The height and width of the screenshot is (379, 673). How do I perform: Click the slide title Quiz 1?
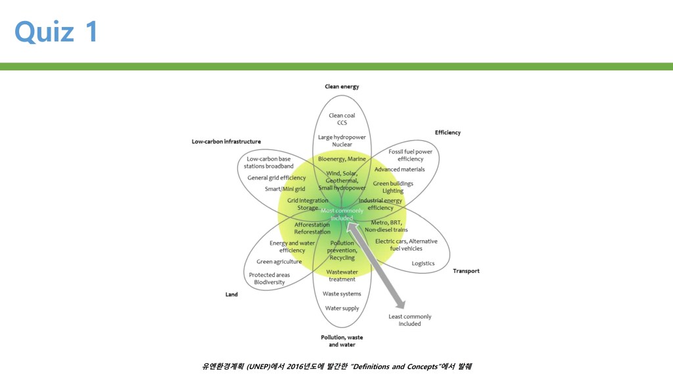coord(57,31)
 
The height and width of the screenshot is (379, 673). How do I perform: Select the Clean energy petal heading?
coord(342,86)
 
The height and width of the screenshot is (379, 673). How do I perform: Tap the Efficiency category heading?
coord(448,132)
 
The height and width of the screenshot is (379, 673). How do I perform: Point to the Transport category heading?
coord(466,270)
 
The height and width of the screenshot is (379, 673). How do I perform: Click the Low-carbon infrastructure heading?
coord(226,141)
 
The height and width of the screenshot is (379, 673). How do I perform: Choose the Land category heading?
coord(231,294)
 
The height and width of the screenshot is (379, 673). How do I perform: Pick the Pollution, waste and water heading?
coord(342,340)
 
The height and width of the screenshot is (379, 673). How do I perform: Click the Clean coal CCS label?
coord(342,119)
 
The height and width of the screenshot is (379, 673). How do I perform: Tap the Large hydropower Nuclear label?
coord(342,141)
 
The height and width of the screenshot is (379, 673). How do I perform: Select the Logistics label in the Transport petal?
coord(423,263)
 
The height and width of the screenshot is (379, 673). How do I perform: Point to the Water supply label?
coord(342,308)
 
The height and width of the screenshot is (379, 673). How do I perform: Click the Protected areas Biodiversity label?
coord(269,278)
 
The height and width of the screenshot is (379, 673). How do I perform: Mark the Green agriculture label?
coord(279,261)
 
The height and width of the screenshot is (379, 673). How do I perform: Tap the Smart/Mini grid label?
coord(285,189)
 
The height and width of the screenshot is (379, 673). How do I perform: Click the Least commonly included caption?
coord(409,320)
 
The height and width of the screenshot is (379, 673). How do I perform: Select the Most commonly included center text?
coord(342,214)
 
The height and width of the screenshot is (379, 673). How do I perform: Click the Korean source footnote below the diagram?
coord(336,366)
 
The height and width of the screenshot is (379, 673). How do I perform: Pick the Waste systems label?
coord(342,293)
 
